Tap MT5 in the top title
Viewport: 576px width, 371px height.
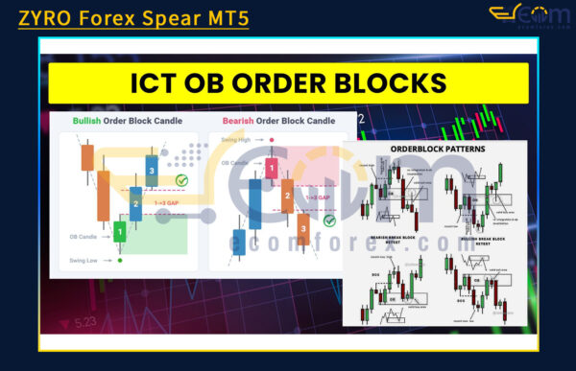click(223, 16)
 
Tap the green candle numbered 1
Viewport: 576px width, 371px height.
click(119, 231)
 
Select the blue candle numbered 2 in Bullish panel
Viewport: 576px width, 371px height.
click(135, 203)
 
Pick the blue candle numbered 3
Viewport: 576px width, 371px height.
click(151, 171)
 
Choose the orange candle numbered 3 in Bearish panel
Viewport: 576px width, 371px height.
click(302, 229)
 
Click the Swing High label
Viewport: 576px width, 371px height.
click(235, 139)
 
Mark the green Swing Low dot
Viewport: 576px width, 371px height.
click(120, 260)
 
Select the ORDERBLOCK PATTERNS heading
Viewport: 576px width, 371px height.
click(436, 149)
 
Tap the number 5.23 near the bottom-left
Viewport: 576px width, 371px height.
click(83, 322)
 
